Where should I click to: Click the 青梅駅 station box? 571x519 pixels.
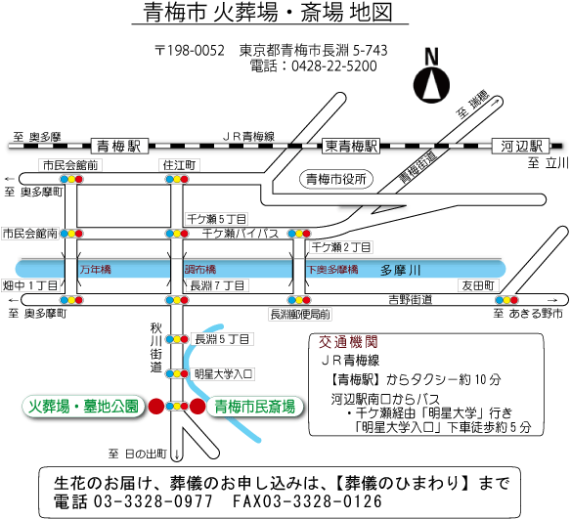pyautogui.click(x=119, y=147)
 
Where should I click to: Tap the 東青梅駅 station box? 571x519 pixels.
pyautogui.click(x=351, y=146)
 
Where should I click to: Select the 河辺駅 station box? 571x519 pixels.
pyautogui.click(x=521, y=146)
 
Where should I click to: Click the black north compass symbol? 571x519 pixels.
pyautogui.click(x=431, y=86)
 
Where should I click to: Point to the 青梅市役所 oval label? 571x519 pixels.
pyautogui.click(x=335, y=180)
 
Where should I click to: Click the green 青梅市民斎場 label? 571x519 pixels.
pyautogui.click(x=254, y=407)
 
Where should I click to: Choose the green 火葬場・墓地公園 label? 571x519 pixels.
pyautogui.click(x=84, y=407)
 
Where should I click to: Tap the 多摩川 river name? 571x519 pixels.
pyautogui.click(x=400, y=270)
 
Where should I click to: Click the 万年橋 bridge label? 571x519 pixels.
pyautogui.click(x=96, y=270)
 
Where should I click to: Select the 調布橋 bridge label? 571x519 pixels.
pyautogui.click(x=200, y=270)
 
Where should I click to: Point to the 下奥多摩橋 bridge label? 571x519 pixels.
pyautogui.click(x=332, y=270)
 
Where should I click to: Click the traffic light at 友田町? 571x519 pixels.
pyautogui.click(x=506, y=300)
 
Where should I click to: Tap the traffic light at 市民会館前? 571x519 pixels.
pyautogui.click(x=71, y=179)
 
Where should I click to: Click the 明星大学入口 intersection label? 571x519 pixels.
pyautogui.click(x=223, y=374)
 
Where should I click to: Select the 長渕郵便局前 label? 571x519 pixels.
pyautogui.click(x=300, y=315)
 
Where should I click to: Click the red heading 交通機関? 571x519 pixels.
pyautogui.click(x=348, y=342)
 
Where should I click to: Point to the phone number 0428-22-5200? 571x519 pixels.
pyautogui.click(x=334, y=66)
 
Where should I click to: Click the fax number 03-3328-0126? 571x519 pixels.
pyautogui.click(x=307, y=501)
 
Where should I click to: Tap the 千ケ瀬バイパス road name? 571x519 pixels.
pyautogui.click(x=241, y=234)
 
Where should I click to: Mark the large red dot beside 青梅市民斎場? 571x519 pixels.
pyautogui.click(x=198, y=407)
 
